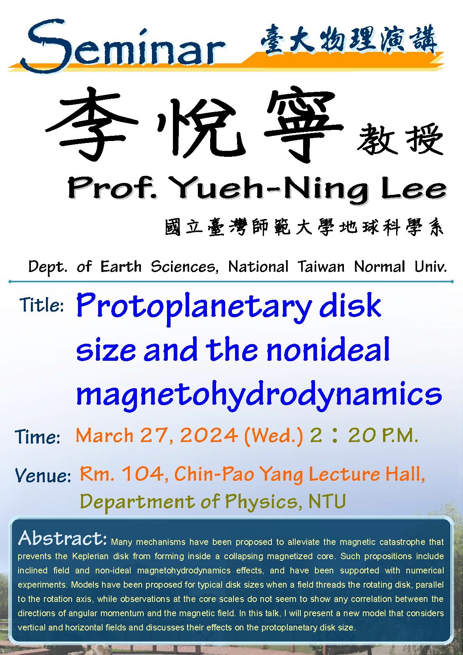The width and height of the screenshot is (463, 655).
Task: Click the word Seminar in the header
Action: pos(123,45)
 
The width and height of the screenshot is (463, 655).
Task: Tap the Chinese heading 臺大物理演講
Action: pos(349,40)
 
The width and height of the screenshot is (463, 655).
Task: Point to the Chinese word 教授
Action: pos(400,139)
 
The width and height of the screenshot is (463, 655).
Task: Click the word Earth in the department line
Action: pos(121,267)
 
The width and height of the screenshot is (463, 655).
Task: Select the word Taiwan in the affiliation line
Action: pos(321,267)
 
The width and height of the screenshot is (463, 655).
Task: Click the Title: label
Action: pos(42,305)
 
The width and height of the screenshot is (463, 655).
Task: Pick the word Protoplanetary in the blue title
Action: pos(194,307)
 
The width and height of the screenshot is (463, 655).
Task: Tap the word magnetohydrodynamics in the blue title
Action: pos(259,395)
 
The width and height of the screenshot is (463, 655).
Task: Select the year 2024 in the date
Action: pos(209,435)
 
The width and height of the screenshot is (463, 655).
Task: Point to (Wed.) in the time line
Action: pos(273,436)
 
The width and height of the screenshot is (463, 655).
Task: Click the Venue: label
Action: pos(43,475)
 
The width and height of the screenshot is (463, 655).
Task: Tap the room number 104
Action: pos(143,473)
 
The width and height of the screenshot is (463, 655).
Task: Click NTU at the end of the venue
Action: pos(327,501)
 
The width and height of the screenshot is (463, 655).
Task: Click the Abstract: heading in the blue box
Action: pos(63,538)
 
